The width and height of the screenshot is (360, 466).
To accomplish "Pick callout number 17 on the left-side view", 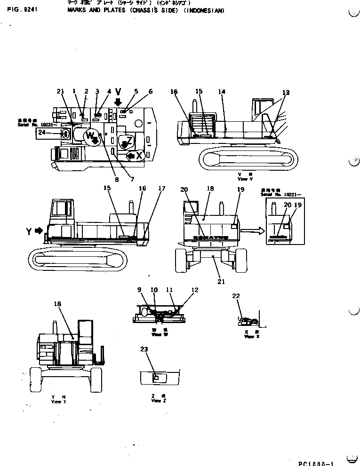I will [162, 189].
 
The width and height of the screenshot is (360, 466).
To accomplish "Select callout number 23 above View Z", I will [144, 349].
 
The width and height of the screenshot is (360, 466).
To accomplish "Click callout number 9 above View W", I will [139, 290].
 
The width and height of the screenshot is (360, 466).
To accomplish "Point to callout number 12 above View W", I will [195, 290].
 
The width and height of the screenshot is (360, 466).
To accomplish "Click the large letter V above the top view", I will [119, 91].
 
